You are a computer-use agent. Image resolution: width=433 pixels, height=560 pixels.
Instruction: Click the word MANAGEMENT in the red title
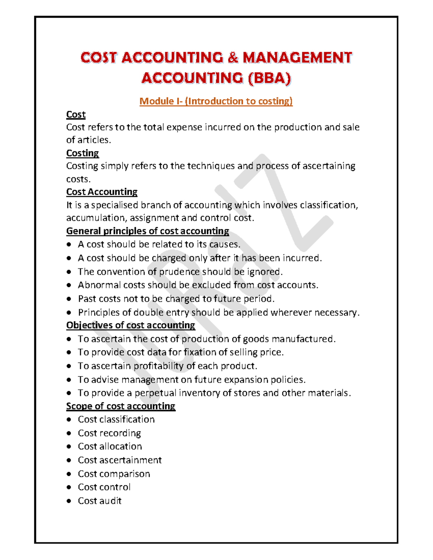[297, 58]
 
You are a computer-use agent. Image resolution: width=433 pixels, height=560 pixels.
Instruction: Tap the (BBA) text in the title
[269, 78]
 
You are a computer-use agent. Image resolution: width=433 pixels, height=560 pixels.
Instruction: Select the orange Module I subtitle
[216, 101]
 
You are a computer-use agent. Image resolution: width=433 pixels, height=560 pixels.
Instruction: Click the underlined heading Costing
[82, 153]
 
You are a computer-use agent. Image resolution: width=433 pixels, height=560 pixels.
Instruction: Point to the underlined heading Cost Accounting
[102, 192]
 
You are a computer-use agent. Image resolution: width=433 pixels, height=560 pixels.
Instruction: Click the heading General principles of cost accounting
[148, 231]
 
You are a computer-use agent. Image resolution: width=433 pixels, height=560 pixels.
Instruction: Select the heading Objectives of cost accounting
[131, 325]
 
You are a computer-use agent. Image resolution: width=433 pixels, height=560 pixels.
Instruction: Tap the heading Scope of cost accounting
[121, 406]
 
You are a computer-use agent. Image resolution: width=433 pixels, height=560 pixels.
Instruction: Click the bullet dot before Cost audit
[69, 501]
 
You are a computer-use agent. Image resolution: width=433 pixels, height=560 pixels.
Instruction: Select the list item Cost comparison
[114, 474]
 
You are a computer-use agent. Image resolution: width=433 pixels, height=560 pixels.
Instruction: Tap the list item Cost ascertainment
[119, 460]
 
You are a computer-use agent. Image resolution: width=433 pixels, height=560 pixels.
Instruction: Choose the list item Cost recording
[109, 433]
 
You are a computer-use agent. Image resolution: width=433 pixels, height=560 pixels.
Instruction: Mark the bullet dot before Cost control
[69, 487]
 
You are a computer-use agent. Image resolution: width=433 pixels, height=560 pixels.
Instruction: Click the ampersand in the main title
[233, 58]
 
